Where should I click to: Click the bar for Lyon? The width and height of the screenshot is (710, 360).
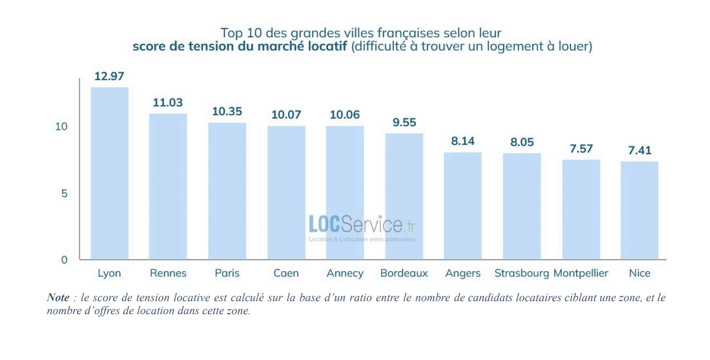click(x=109, y=173)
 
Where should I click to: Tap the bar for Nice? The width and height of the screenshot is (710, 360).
click(x=640, y=210)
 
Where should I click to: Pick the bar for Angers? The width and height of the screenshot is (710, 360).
click(x=463, y=206)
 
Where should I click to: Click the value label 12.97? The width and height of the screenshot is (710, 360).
click(x=109, y=76)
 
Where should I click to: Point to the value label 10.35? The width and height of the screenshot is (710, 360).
click(x=227, y=111)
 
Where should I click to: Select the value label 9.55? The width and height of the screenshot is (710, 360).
click(x=404, y=122)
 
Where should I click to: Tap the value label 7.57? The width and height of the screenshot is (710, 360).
click(x=581, y=149)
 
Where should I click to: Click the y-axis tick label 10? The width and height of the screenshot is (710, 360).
click(x=61, y=127)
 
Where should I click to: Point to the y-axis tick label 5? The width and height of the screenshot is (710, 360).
click(x=64, y=194)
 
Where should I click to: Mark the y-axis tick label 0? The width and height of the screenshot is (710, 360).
click(x=64, y=260)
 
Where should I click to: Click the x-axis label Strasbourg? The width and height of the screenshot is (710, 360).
click(x=521, y=273)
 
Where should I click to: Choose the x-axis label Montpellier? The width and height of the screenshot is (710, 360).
click(x=581, y=273)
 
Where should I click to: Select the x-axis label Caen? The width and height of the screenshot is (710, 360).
click(x=286, y=273)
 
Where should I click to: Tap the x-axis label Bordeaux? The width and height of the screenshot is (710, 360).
click(x=404, y=273)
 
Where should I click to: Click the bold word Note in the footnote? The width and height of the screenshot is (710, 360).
click(x=58, y=298)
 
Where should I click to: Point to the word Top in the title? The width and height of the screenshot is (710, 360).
click(x=230, y=33)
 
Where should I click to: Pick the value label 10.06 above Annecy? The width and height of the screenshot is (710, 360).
click(x=345, y=115)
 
